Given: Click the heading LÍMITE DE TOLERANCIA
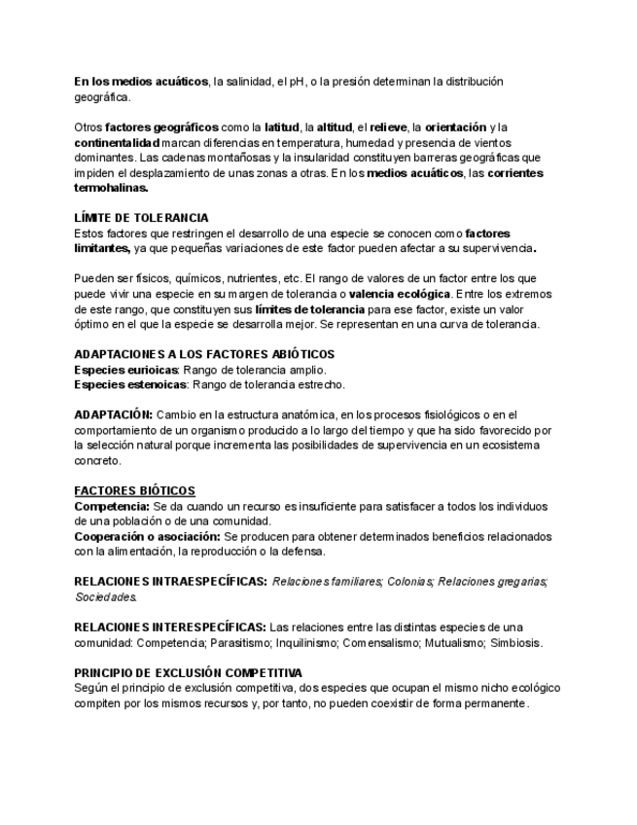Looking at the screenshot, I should point(141,218).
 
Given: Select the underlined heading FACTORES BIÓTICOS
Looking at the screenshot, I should point(134,491).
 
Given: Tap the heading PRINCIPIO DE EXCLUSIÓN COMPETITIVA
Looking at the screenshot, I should point(188,673).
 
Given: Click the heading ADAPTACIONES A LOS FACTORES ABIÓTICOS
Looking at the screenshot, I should point(204,354).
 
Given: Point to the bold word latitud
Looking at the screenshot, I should point(282,127).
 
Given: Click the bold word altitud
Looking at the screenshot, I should point(335,127).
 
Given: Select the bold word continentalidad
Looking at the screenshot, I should point(117,142).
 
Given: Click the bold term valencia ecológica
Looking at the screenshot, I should point(400,294).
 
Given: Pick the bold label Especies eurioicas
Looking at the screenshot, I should point(125,370).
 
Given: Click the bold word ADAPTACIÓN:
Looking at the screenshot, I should point(114,414).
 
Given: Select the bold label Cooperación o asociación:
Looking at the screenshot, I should point(147,537).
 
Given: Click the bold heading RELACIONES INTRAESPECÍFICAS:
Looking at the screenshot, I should point(170,582).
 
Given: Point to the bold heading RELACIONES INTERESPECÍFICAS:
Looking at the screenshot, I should point(170,628).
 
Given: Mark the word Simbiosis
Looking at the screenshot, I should point(516,643).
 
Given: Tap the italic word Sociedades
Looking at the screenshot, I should point(105,597).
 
